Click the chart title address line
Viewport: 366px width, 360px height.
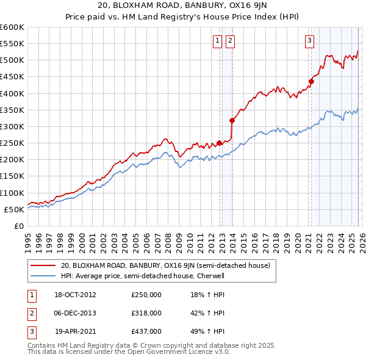[182, 7]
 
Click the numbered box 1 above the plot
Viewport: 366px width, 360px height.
[217, 41]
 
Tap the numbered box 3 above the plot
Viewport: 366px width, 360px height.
[309, 41]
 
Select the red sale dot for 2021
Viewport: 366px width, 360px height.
[311, 81]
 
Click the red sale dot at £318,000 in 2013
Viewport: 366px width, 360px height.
[232, 120]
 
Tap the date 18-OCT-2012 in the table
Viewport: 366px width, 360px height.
[76, 295]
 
